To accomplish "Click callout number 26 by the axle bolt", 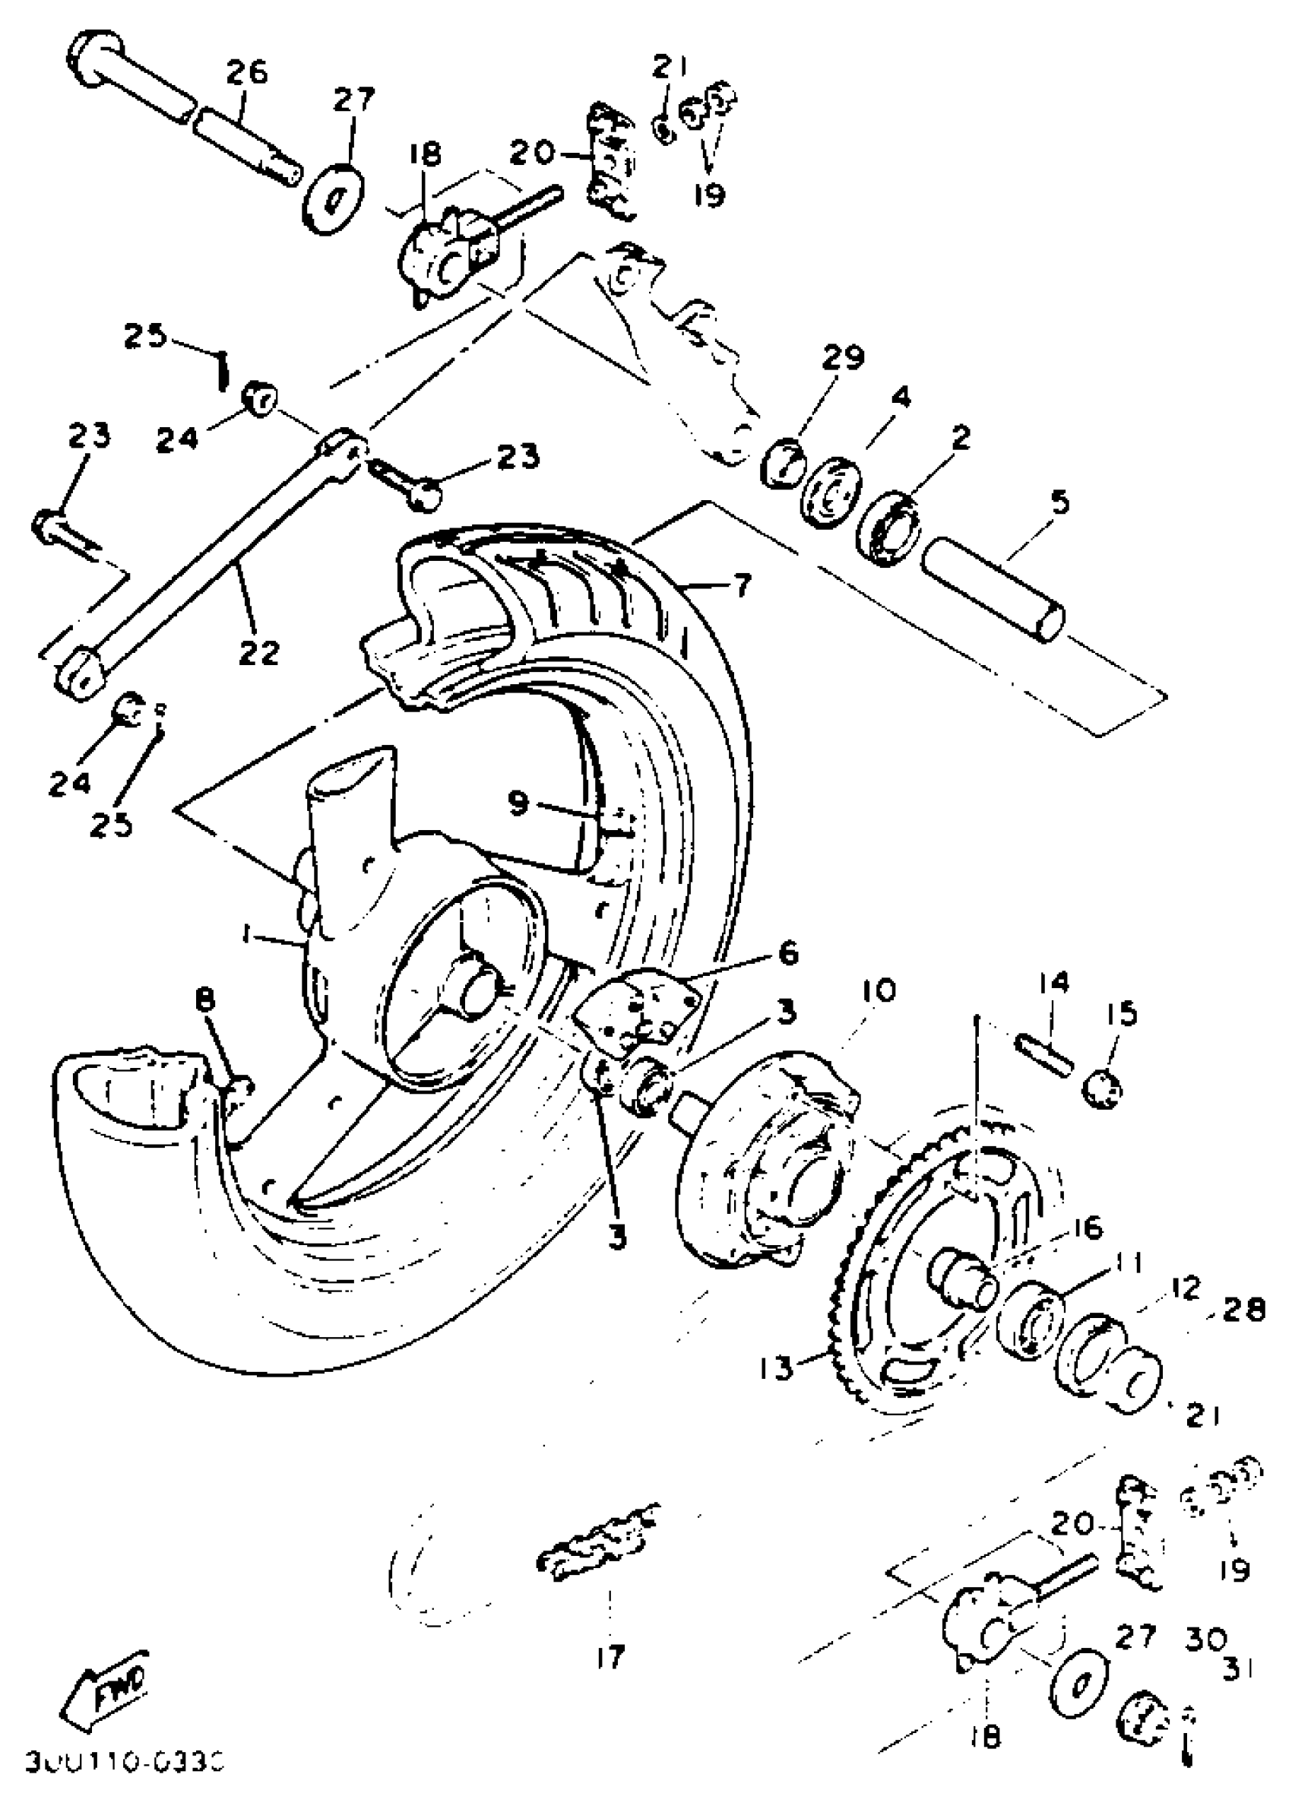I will click(x=247, y=73).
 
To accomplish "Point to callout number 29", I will click(x=843, y=359).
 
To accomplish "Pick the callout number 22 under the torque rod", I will click(x=258, y=652).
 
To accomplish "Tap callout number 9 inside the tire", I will click(x=518, y=803).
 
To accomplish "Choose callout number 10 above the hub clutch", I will click(x=879, y=990).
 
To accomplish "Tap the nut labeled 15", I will click(x=1104, y=1088).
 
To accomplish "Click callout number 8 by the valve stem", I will click(x=205, y=1001).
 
